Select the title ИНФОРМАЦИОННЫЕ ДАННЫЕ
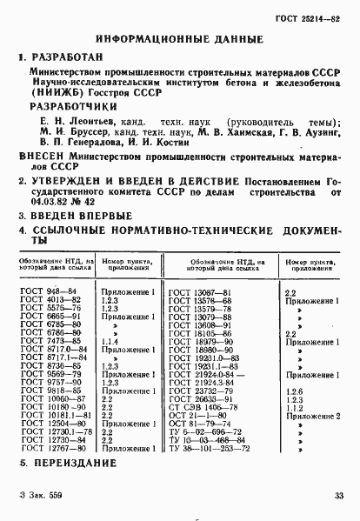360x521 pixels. [180, 39]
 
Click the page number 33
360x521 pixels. [339, 496]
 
